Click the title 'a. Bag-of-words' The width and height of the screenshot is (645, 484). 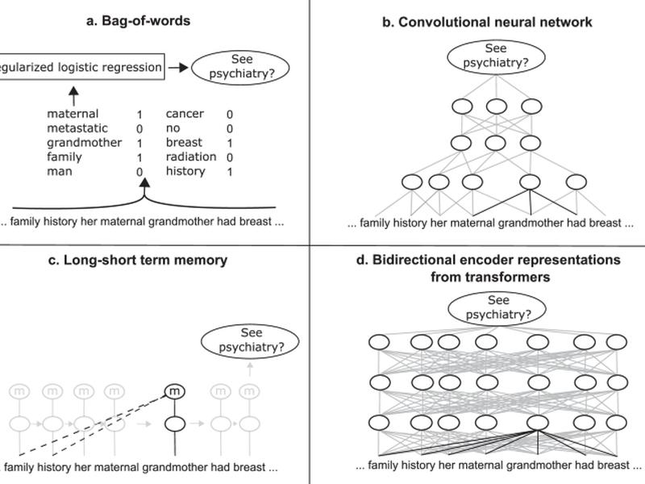tap(138, 21)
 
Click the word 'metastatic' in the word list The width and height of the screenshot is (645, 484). tap(77, 128)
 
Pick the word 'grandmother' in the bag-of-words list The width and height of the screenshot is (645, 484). tap(85, 143)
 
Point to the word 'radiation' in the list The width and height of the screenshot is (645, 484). tap(191, 156)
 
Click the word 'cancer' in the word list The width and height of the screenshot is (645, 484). tap(185, 114)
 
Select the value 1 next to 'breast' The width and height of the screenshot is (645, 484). tap(230, 144)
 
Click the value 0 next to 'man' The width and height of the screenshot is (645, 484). tap(139, 172)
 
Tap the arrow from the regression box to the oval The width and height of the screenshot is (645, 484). tap(178, 68)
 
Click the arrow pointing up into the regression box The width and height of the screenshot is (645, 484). tap(73, 96)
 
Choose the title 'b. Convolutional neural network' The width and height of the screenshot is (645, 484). tap(487, 22)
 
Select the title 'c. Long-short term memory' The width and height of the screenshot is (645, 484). tap(137, 260)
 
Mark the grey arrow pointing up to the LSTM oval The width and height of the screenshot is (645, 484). tap(250, 369)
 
